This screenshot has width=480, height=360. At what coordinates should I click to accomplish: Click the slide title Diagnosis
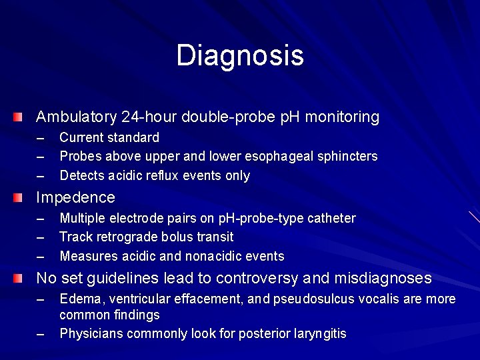pos(240,56)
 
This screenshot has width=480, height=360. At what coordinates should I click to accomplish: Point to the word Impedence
pos(75,198)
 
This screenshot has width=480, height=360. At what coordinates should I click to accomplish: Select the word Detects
pos(81,176)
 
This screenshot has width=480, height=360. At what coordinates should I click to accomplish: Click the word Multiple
pos(81,218)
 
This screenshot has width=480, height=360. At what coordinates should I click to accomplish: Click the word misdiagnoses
pos(383,278)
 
